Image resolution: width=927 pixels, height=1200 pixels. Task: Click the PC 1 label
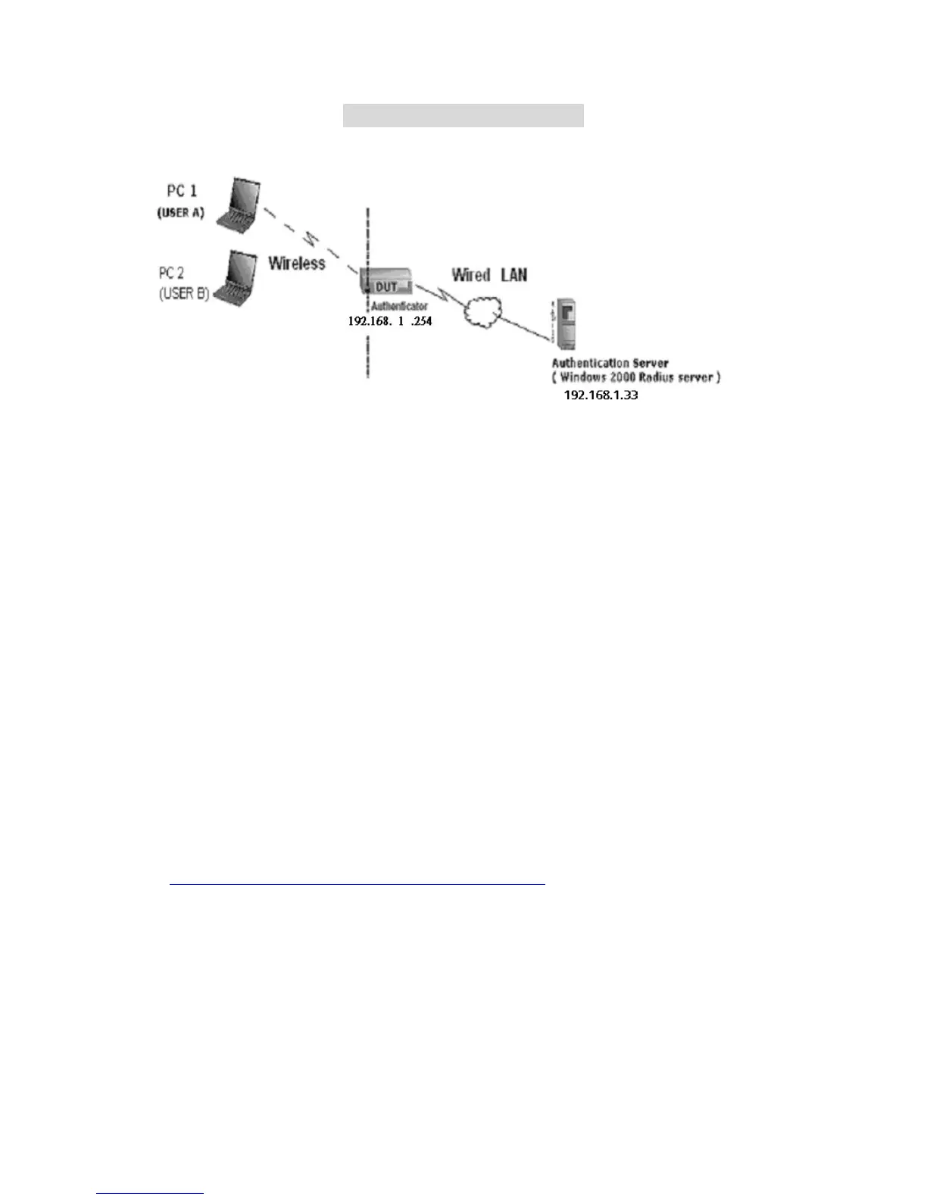click(182, 191)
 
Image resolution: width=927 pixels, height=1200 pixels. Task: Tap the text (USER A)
click(181, 213)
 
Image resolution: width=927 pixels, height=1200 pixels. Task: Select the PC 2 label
click(171, 273)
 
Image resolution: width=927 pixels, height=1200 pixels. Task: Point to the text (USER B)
click(184, 294)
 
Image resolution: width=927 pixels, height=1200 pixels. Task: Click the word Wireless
click(297, 263)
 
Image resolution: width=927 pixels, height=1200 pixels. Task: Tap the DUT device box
click(386, 283)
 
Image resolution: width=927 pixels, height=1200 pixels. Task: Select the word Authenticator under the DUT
click(399, 306)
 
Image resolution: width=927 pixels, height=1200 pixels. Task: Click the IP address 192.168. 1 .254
click(390, 321)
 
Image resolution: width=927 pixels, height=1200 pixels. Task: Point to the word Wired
click(471, 274)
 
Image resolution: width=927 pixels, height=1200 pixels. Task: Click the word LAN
click(513, 274)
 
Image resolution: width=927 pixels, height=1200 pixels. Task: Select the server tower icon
click(565, 323)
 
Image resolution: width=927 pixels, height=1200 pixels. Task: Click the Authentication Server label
click(610, 363)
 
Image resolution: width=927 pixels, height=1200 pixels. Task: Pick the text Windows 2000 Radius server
click(636, 377)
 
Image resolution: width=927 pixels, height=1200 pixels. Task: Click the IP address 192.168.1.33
click(601, 395)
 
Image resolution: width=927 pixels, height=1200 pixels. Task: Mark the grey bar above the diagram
click(463, 116)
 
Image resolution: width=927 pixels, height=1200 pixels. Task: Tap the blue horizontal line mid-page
click(357, 883)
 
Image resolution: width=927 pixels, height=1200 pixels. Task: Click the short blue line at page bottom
click(150, 1194)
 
